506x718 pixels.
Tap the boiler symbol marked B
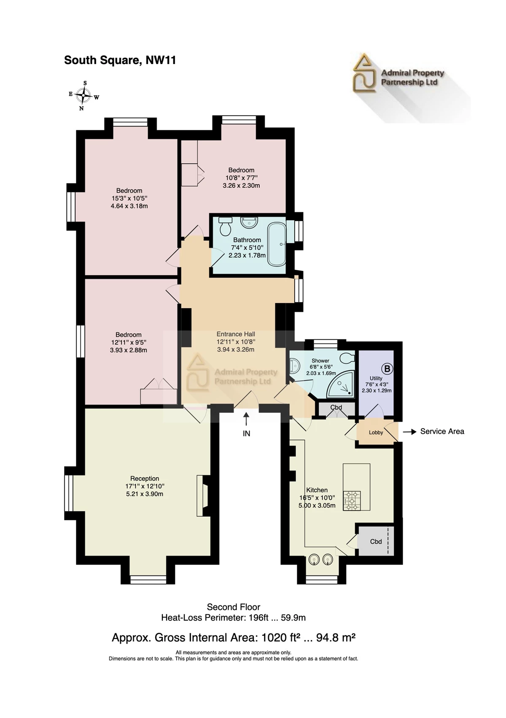pyautogui.click(x=387, y=369)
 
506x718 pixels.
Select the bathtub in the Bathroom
pyautogui.click(x=277, y=244)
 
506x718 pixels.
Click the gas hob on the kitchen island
pyautogui.click(x=352, y=500)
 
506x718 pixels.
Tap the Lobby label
pyautogui.click(x=376, y=433)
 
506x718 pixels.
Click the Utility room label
pyautogui.click(x=376, y=378)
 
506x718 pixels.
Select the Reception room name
pyautogui.click(x=145, y=479)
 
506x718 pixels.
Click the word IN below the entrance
pyautogui.click(x=246, y=434)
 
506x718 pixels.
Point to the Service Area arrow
pyautogui.click(x=409, y=432)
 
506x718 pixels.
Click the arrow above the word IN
pyautogui.click(x=246, y=420)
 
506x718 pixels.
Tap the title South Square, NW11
pyautogui.click(x=120, y=60)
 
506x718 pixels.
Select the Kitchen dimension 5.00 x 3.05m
pyautogui.click(x=317, y=506)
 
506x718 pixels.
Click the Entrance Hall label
pyautogui.click(x=236, y=334)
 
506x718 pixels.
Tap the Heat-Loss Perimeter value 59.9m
pyautogui.click(x=293, y=618)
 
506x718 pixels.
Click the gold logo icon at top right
pyautogui.click(x=364, y=73)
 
